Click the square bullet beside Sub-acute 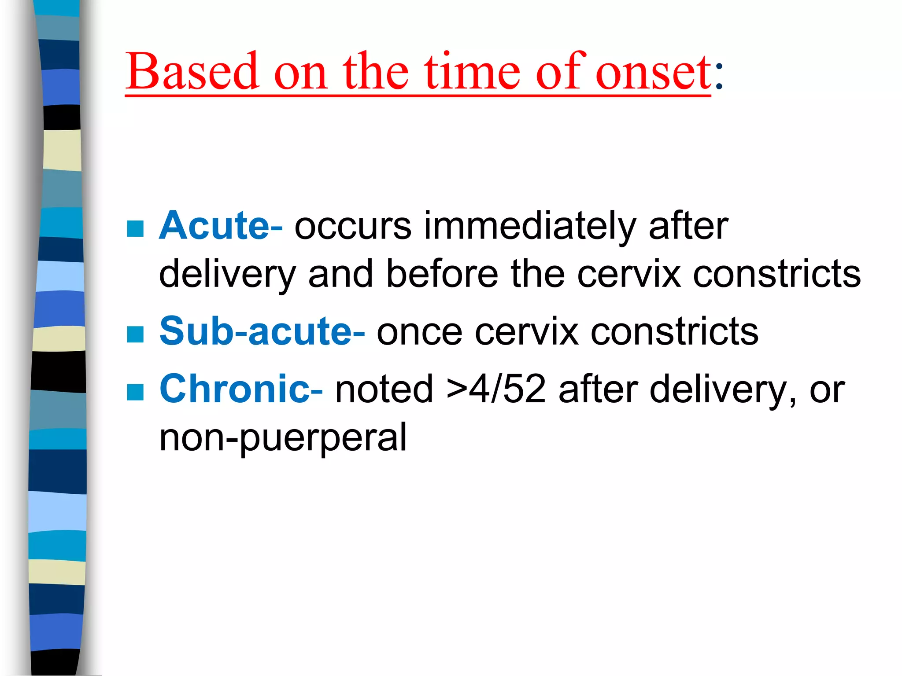(x=135, y=334)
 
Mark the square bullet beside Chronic (x=135, y=392)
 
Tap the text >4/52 (x=496, y=389)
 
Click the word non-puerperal (x=283, y=438)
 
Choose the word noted (x=384, y=389)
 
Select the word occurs (x=353, y=227)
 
